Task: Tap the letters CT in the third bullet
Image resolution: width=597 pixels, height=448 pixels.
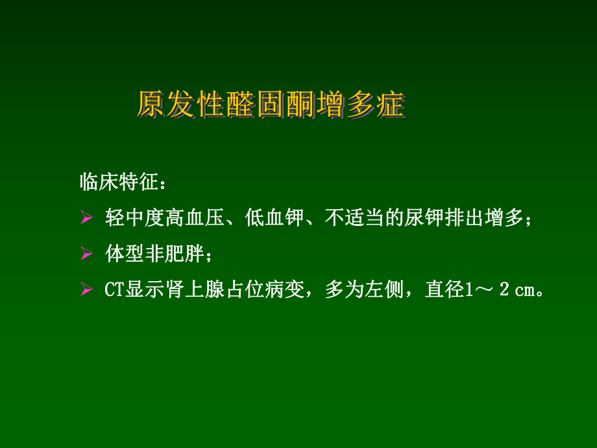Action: pyautogui.click(x=115, y=290)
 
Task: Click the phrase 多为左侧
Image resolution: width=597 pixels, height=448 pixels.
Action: pyautogui.click(x=364, y=290)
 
